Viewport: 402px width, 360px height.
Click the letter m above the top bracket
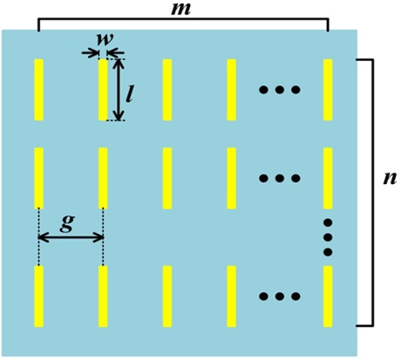tap(181, 10)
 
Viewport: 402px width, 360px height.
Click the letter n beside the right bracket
tap(390, 178)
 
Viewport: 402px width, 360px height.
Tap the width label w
tap(105, 40)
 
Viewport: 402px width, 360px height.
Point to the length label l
tap(129, 94)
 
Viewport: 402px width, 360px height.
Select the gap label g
tap(67, 223)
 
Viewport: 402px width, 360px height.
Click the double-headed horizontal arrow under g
tap(71, 238)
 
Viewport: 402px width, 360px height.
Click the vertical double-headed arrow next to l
tap(118, 90)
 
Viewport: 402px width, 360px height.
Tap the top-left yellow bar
tap(39, 90)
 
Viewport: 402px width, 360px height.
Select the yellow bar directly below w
tap(103, 90)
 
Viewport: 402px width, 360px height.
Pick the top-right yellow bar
tap(328, 90)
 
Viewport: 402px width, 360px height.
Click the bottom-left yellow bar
tap(39, 296)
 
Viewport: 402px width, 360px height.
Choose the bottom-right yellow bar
tap(328, 296)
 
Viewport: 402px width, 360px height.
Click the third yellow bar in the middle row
tap(167, 179)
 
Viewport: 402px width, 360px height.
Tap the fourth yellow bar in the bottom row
tap(231, 296)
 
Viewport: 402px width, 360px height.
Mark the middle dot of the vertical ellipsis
tap(328, 237)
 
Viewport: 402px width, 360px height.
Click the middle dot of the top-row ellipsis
tap(280, 90)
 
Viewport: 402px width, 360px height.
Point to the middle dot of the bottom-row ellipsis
tap(280, 296)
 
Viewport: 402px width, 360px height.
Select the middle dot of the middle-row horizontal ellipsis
tap(280, 178)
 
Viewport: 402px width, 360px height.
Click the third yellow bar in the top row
tap(167, 90)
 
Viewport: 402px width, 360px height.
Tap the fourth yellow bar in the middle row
tap(231, 179)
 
